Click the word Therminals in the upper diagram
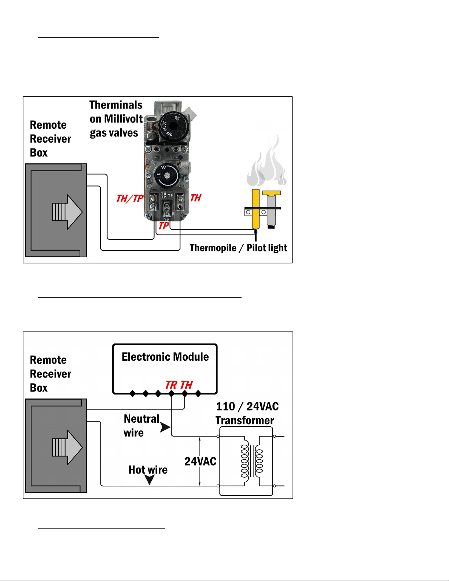pyautogui.click(x=116, y=105)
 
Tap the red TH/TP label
pyautogui.click(x=130, y=198)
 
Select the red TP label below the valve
pyautogui.click(x=163, y=226)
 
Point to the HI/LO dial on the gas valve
pyautogui.click(x=166, y=175)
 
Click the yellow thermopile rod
pyautogui.click(x=256, y=209)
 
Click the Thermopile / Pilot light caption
pyautogui.click(x=238, y=248)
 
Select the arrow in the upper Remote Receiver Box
pyautogui.click(x=67, y=212)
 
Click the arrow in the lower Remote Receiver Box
pyautogui.click(x=67, y=447)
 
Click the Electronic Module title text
pyautogui.click(x=165, y=357)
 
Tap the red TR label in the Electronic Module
pyautogui.click(x=171, y=385)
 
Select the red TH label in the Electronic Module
pyautogui.click(x=186, y=385)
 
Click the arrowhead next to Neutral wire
pyautogui.click(x=165, y=427)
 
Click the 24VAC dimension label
pyautogui.click(x=200, y=461)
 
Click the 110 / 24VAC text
pyautogui.click(x=247, y=407)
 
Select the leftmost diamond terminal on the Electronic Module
pyautogui.click(x=132, y=394)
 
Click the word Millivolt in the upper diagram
pyautogui.click(x=123, y=119)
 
